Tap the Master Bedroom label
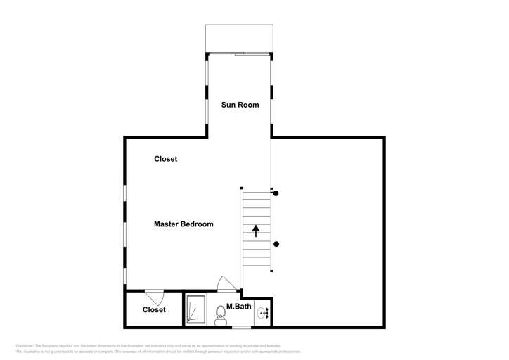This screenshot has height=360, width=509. (x=183, y=224)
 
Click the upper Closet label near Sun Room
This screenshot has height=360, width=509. (x=166, y=159)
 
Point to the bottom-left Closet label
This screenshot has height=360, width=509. (x=154, y=309)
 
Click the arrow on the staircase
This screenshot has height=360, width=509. (x=256, y=229)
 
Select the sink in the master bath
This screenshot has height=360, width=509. (x=262, y=313)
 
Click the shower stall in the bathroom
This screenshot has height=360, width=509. (x=195, y=310)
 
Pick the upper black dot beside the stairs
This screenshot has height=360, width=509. (x=276, y=193)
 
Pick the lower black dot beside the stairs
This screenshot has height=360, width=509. (x=276, y=244)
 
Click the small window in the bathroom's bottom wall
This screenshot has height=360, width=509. (x=241, y=327)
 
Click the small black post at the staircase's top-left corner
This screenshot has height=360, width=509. (x=241, y=188)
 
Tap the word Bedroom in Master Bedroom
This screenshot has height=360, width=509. (x=198, y=224)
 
